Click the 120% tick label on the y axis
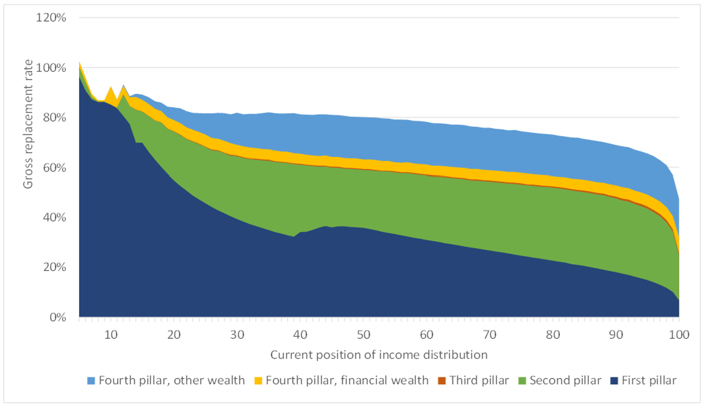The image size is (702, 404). [51, 18]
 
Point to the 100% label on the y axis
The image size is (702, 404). [51, 68]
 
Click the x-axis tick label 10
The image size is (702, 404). [111, 335]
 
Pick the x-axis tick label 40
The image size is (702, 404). [300, 335]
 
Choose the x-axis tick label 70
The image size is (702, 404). [490, 335]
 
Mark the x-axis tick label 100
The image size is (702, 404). [679, 335]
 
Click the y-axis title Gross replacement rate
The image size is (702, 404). [28, 124]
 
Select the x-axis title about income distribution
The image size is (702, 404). [379, 354]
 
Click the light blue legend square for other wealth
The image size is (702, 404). [91, 381]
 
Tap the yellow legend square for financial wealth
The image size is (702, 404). [258, 381]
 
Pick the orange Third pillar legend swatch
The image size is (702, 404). [442, 381]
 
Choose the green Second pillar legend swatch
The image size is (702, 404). [522, 381]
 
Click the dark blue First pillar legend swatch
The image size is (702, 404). [614, 381]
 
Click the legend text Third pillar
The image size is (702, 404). [479, 380]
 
